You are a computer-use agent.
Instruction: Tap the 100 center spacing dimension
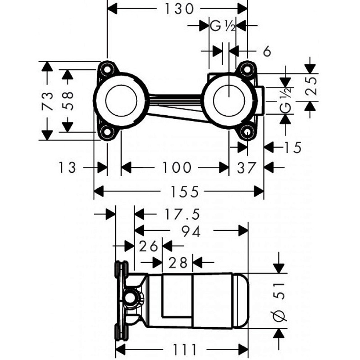point(176,167)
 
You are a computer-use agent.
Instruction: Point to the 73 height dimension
point(47,100)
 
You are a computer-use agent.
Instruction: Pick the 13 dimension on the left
point(66,167)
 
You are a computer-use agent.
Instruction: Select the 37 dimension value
point(246,168)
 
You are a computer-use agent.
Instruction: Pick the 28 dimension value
point(178,263)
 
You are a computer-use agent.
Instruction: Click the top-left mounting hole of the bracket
point(107,69)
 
